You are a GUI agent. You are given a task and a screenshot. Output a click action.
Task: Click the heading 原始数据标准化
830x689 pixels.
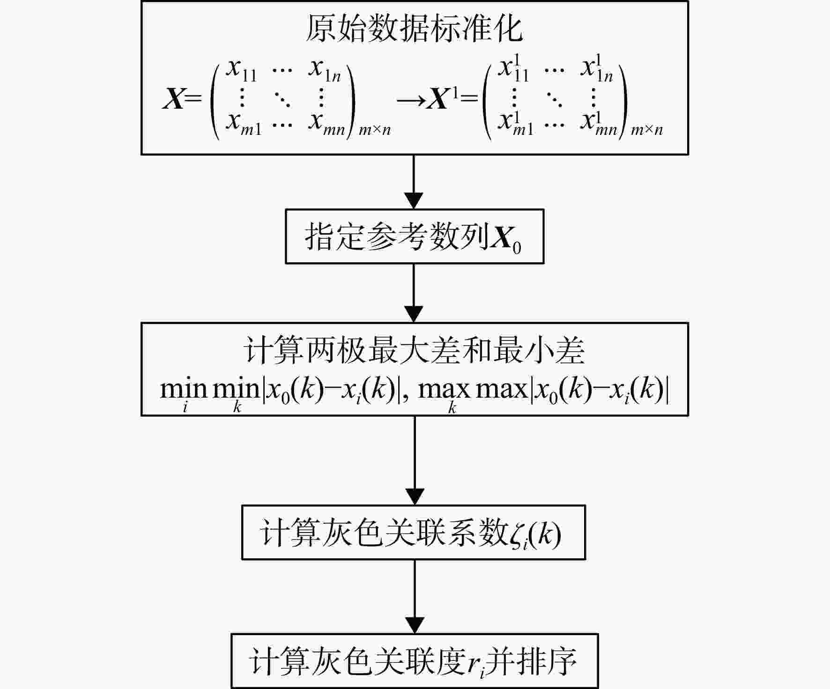click(x=415, y=29)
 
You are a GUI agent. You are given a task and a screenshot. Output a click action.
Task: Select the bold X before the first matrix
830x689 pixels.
click(x=174, y=99)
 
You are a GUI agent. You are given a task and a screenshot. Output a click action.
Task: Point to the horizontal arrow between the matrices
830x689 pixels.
click(x=411, y=100)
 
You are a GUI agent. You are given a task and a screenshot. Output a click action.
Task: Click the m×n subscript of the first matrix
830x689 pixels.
click(x=375, y=130)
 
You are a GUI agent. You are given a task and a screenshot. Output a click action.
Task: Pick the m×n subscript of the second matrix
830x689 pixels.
click(x=647, y=130)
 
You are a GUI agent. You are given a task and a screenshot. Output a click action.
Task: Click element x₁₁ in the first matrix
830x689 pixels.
click(x=241, y=69)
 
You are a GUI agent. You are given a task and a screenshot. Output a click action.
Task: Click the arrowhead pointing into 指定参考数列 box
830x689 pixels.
click(x=414, y=201)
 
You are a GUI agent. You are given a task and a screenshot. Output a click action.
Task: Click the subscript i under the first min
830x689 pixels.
click(x=185, y=407)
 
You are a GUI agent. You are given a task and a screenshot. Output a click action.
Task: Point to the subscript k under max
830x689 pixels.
click(x=452, y=407)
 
